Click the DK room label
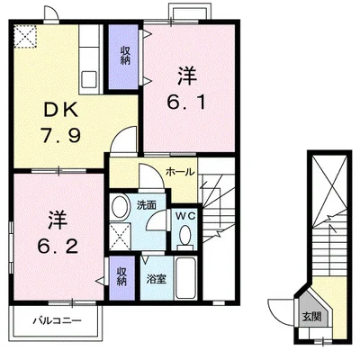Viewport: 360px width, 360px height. (x=61, y=110)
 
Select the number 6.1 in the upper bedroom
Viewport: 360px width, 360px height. (x=186, y=102)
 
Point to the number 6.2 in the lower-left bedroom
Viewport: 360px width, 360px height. (x=58, y=246)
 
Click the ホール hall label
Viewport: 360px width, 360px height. (x=180, y=172)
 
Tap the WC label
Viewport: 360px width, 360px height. (x=185, y=215)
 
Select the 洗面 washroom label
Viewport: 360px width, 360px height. (x=147, y=205)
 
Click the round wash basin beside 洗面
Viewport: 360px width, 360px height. (x=119, y=207)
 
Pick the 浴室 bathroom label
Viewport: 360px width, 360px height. (x=157, y=280)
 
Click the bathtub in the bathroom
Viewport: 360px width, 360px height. (x=185, y=278)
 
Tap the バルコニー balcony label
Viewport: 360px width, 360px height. (x=57, y=320)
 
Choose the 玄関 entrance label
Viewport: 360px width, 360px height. (x=311, y=316)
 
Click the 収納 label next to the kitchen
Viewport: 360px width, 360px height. (x=125, y=55)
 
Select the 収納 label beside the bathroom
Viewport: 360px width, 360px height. (x=121, y=276)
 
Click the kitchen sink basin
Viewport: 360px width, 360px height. (x=90, y=79)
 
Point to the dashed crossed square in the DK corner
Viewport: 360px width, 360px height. (x=25, y=36)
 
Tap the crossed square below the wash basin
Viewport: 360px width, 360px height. (x=120, y=236)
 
